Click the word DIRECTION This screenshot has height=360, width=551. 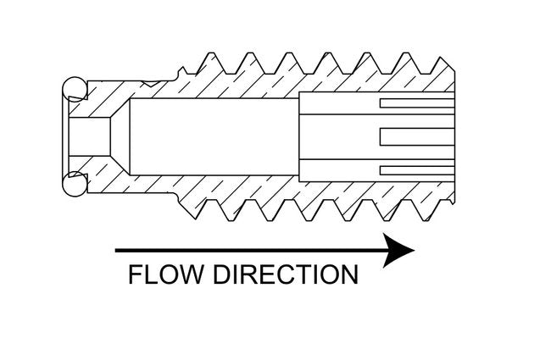pos(284,275)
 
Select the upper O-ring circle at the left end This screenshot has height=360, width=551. pos(74,86)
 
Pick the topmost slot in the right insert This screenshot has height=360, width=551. pos(415,102)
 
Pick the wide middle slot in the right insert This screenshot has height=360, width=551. pos(415,136)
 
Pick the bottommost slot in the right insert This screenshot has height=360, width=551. pos(415,169)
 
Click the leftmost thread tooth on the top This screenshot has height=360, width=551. pos(206,61)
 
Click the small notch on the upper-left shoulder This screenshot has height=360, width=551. pos(153,83)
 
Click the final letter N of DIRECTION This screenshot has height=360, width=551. pos(348,275)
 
